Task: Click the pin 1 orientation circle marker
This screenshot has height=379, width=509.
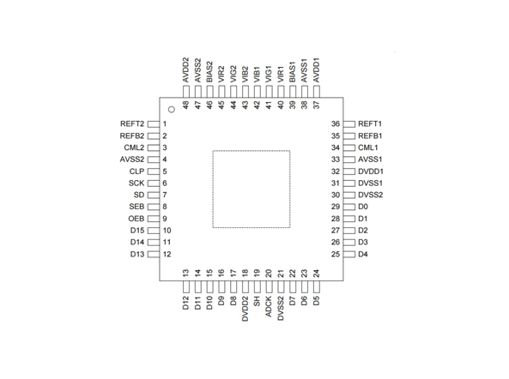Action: click(x=171, y=109)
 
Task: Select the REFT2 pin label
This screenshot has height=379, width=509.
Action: click(x=132, y=124)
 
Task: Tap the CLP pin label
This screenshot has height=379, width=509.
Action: click(x=136, y=171)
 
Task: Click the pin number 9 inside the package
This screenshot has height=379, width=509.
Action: click(x=164, y=219)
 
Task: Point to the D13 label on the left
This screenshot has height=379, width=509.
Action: click(x=137, y=255)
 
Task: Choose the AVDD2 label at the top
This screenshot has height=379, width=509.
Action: click(x=185, y=70)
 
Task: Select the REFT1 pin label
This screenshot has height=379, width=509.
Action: click(x=370, y=124)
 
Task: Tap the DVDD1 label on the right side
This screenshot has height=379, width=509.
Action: click(x=372, y=171)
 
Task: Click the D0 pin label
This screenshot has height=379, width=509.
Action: click(x=363, y=207)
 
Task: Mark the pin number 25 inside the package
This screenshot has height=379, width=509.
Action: click(x=336, y=255)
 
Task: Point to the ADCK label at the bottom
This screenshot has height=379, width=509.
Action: click(x=269, y=305)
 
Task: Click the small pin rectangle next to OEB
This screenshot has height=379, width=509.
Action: click(x=154, y=219)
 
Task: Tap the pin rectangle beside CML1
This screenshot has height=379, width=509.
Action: click(x=348, y=147)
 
